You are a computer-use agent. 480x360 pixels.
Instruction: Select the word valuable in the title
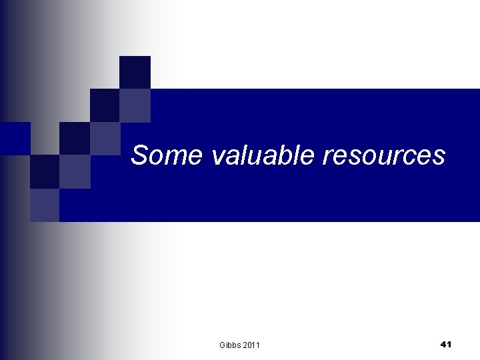click(263, 155)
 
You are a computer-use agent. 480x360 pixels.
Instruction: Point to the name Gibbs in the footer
click(230, 345)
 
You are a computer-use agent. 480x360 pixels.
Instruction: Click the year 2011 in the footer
click(251, 345)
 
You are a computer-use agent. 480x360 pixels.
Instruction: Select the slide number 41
click(446, 344)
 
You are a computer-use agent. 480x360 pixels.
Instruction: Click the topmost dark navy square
click(135, 72)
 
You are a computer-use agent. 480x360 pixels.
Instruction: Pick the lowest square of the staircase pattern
click(45, 205)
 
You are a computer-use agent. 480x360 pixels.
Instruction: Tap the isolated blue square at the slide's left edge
click(15, 138)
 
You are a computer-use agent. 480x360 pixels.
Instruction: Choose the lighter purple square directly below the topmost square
click(135, 105)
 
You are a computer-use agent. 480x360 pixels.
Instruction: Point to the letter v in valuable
click(218, 157)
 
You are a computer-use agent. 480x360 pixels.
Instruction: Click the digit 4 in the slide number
click(443, 344)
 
